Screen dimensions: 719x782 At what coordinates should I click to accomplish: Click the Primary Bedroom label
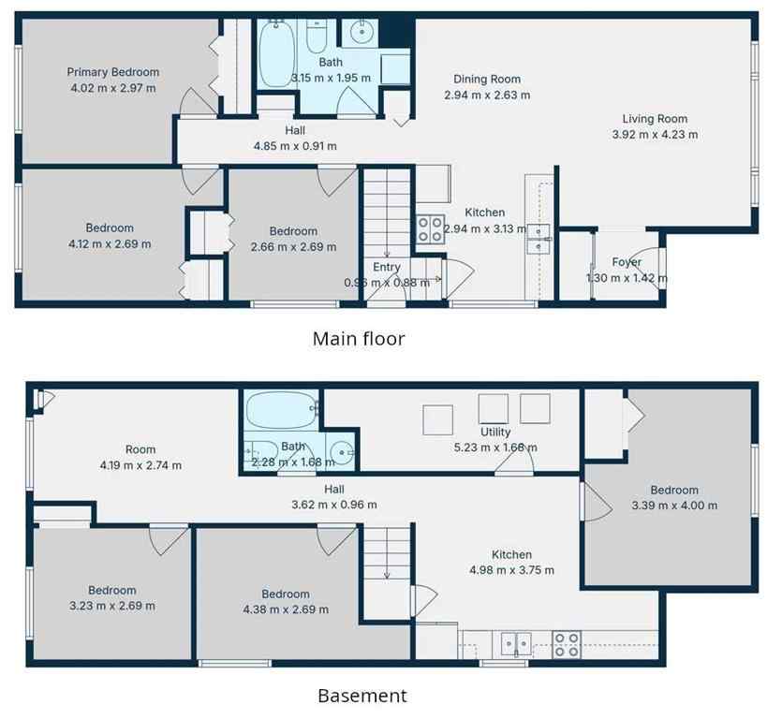coord(112,72)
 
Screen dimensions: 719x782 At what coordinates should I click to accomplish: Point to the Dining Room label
coord(487,80)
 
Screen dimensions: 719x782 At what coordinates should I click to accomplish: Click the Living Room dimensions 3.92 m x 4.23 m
coord(655,134)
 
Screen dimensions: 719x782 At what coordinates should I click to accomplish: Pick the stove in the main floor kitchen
coord(431,228)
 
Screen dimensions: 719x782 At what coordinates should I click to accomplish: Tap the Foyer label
coord(627,262)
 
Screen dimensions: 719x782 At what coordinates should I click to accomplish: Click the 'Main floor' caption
coord(359,339)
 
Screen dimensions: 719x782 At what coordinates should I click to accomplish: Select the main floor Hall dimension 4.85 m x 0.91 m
coord(295,146)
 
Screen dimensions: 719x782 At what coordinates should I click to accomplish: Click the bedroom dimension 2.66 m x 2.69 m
coord(293,247)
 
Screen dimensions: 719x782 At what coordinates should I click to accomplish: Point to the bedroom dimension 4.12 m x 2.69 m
coord(110,243)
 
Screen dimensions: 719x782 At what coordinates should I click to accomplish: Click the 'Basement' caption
coord(362,696)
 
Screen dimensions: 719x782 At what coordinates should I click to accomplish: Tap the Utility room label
coord(495,432)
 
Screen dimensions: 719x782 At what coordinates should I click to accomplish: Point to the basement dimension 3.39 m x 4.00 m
coord(674,506)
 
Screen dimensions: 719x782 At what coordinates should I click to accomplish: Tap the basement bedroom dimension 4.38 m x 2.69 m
coord(285,609)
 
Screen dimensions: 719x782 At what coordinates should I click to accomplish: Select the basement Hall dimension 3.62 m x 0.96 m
coord(334,505)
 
